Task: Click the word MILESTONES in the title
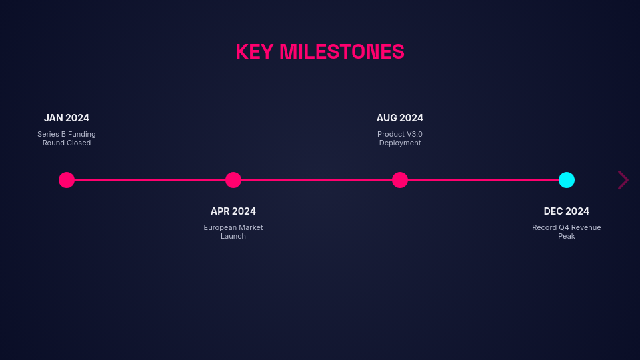pos(342,52)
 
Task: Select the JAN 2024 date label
pos(67,118)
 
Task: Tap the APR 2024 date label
pos(233,211)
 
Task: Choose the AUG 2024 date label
pos(400,118)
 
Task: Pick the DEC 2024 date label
pos(567,211)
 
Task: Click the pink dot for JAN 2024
pos(67,180)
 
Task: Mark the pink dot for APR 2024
pos(233,180)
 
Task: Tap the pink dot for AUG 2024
pos(400,180)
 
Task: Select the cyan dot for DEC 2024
pos(567,180)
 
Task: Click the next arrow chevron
pos(623,180)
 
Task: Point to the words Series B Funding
pos(67,134)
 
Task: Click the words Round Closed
pos(67,143)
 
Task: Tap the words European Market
pos(233,227)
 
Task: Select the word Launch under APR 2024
pos(233,236)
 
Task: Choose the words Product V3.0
pos(400,134)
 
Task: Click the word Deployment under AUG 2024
pos(400,143)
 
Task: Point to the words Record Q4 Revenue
pos(567,227)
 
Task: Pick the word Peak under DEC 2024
pos(567,236)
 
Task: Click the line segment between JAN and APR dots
pos(150,180)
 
